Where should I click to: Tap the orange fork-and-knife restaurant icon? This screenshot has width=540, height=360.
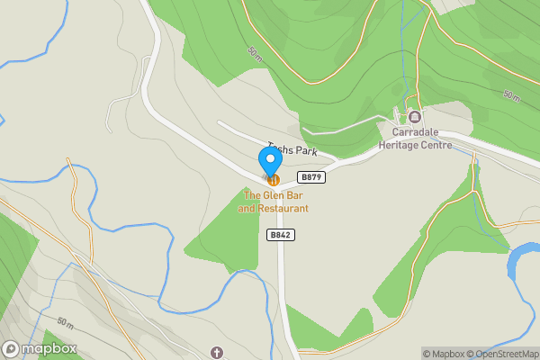pyautogui.click(x=273, y=179)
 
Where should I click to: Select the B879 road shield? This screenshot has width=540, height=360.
pyautogui.click(x=311, y=177)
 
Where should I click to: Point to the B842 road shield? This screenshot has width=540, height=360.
pyautogui.click(x=282, y=235)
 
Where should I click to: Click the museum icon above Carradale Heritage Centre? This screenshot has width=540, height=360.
pyautogui.click(x=415, y=117)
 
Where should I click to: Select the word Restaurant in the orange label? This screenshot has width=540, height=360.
pyautogui.click(x=283, y=209)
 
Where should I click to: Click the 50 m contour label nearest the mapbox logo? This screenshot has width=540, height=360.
pyautogui.click(x=64, y=322)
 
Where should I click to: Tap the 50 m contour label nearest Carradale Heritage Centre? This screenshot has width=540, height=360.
pyautogui.click(x=510, y=95)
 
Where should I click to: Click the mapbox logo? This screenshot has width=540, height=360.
pyautogui.click(x=40, y=349)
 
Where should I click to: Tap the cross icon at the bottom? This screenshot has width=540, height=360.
pyautogui.click(x=216, y=352)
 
